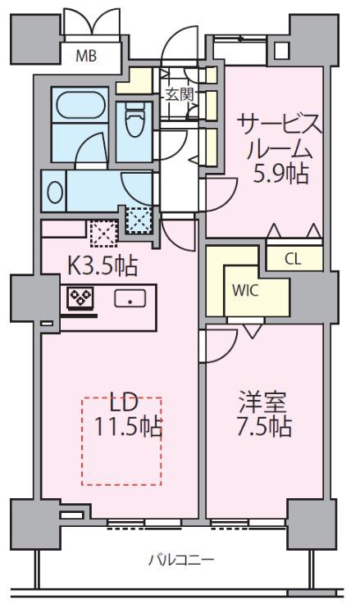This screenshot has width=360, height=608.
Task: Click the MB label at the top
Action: [x=86, y=57]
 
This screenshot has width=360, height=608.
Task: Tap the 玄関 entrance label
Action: [x=180, y=94]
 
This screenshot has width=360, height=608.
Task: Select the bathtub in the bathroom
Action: [x=81, y=105]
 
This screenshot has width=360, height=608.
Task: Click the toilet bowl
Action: [x=135, y=119]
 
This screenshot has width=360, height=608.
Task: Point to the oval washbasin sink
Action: [x=55, y=192]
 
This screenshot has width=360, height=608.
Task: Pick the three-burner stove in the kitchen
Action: [x=80, y=298]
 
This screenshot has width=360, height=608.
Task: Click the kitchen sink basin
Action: [x=130, y=298]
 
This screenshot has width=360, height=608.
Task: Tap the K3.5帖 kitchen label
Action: [x=103, y=266]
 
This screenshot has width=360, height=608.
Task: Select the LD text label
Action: [x=124, y=402]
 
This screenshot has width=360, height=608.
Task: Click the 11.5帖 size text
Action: [x=129, y=427]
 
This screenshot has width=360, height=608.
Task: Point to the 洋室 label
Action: [x=262, y=402]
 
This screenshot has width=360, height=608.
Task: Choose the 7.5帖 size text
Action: [x=264, y=427]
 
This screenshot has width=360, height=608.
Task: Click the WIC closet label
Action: [x=245, y=290]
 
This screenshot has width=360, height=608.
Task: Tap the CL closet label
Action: [x=293, y=259]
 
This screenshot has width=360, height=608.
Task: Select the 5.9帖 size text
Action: [x=280, y=174]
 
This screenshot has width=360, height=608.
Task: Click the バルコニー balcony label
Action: [x=181, y=560]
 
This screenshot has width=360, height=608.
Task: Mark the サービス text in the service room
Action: [x=280, y=124]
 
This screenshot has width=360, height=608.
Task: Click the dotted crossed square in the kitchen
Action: [x=103, y=234]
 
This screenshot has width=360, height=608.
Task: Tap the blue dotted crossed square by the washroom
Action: [x=139, y=220]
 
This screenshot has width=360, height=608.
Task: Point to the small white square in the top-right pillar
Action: [x=282, y=50]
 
